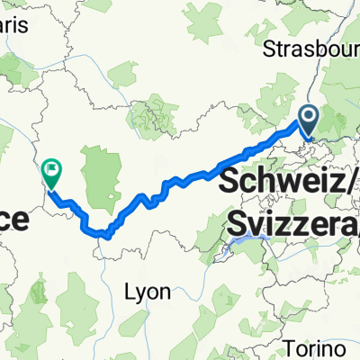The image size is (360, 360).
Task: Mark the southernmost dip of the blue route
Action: point(106,236)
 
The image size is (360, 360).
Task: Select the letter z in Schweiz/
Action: point(334,184)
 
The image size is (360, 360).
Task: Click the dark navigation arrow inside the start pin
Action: point(308,116)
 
